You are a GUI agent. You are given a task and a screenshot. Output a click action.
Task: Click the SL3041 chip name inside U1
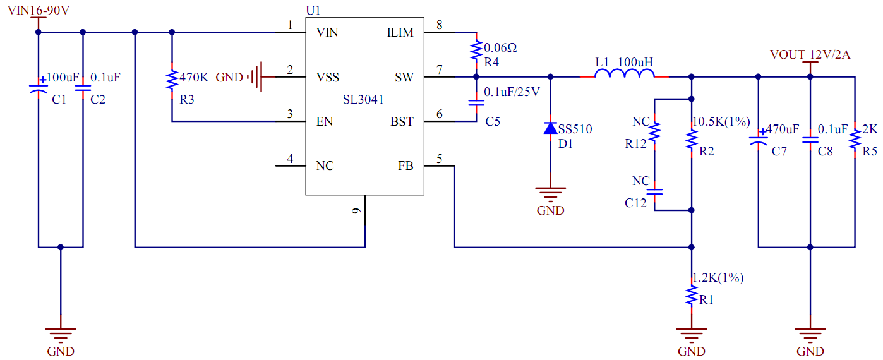tap(363, 100)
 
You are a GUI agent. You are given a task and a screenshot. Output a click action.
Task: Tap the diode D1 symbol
tap(550, 128)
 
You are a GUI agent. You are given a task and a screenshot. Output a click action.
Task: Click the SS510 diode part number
tap(575, 129)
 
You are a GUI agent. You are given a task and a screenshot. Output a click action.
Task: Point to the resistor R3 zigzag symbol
tap(171, 81)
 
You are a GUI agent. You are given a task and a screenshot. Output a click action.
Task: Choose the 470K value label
tap(194, 78)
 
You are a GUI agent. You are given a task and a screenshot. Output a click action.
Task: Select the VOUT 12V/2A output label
tap(810, 55)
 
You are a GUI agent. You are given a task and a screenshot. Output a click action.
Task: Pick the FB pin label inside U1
tap(405, 166)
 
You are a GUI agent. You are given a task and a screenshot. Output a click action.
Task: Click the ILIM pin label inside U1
tap(400, 33)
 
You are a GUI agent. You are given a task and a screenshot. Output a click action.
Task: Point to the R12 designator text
tap(636, 144)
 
